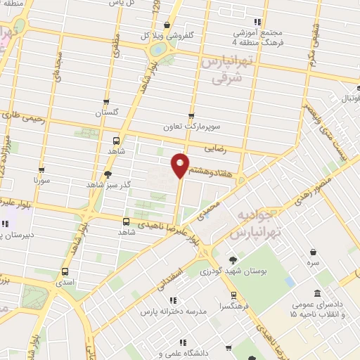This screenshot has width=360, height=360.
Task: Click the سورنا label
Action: (42, 180)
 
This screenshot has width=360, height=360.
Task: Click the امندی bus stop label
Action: (65, 281)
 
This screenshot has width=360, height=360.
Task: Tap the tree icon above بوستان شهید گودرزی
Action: (233, 259)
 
